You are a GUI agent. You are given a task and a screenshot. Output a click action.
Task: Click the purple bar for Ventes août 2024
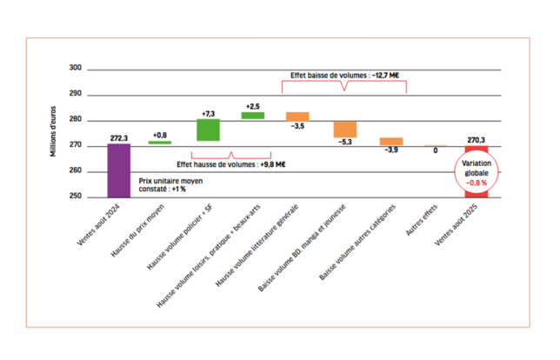pos(118,170)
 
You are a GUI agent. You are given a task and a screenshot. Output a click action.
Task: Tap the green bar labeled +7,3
pos(207,130)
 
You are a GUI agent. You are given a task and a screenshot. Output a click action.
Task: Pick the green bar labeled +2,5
pos(252,115)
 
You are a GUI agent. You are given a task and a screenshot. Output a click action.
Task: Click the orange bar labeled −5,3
pos(344,130)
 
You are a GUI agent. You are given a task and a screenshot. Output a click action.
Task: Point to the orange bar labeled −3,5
pos(298,116)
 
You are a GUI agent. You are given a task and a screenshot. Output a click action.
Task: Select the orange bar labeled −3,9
pos(390,141)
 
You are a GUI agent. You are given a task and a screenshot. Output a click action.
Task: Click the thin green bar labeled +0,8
pos(160,142)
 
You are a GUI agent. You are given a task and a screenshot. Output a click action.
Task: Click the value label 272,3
pos(120,137)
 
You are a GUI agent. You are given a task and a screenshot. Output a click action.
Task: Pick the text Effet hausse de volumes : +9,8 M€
pos(231,163)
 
